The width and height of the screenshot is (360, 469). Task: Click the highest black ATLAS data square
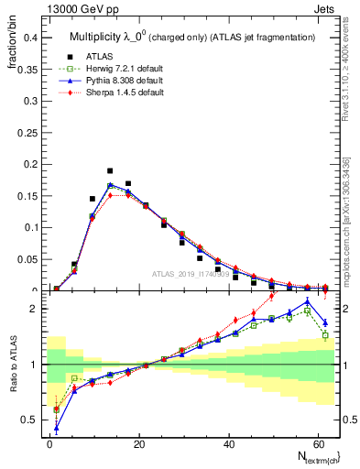coord(110,171)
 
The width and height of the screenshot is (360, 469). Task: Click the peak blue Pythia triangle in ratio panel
coord(307,301)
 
